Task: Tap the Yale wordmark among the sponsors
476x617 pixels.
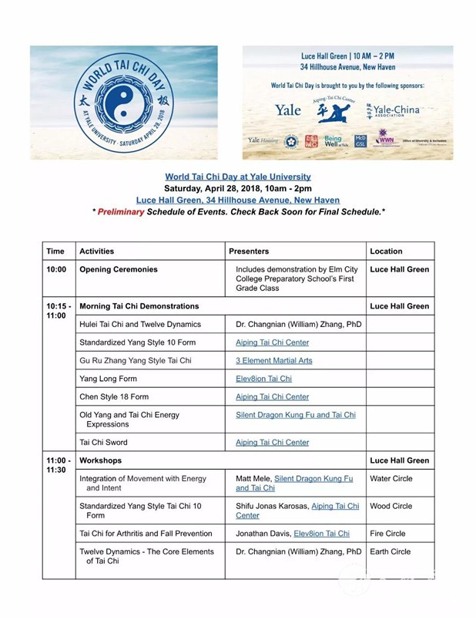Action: pos(288,110)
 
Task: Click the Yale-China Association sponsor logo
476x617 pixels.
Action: pos(394,110)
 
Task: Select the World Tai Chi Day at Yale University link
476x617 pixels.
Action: pos(238,177)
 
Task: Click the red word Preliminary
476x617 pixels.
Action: pos(120,211)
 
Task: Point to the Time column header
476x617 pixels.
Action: pos(55,251)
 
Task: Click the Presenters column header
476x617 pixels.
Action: pos(249,251)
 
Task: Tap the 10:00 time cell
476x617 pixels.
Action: pos(55,270)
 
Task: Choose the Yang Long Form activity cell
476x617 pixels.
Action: pos(109,379)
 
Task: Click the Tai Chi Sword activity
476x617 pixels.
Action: pos(103,443)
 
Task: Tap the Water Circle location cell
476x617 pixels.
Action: pos(391,478)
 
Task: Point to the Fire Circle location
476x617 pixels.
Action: pos(388,533)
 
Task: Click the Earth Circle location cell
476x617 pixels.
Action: pos(391,551)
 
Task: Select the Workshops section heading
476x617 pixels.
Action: pos(100,460)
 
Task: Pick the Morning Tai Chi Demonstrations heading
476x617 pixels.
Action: pos(139,306)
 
